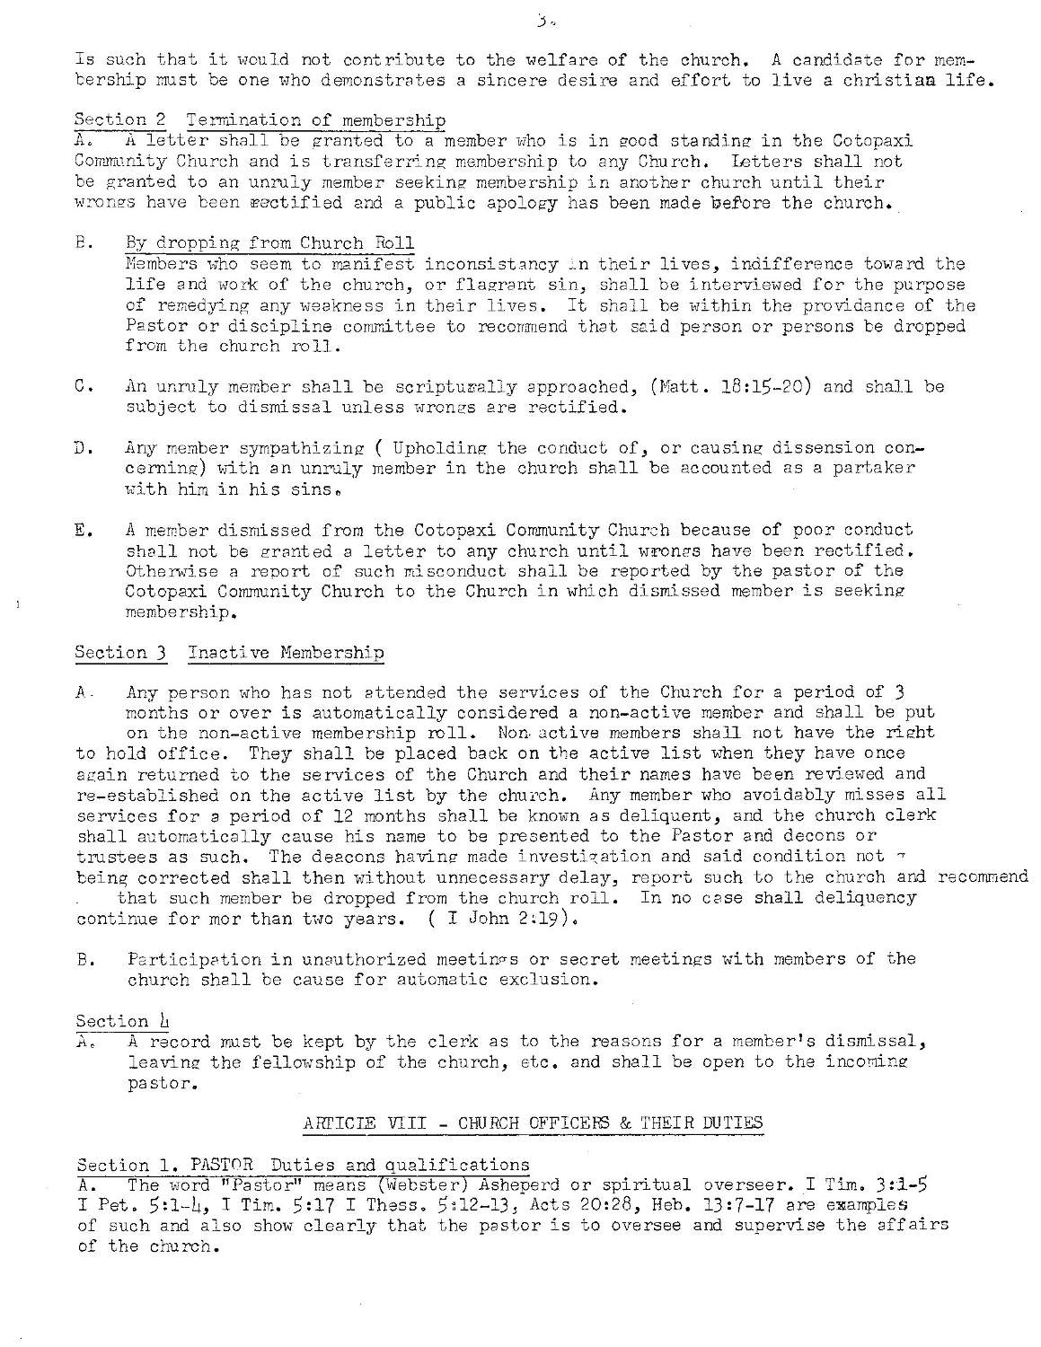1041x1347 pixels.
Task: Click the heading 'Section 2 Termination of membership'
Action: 260,119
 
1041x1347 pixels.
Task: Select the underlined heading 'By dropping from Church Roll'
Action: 269,243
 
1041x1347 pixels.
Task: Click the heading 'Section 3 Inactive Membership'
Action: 230,653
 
